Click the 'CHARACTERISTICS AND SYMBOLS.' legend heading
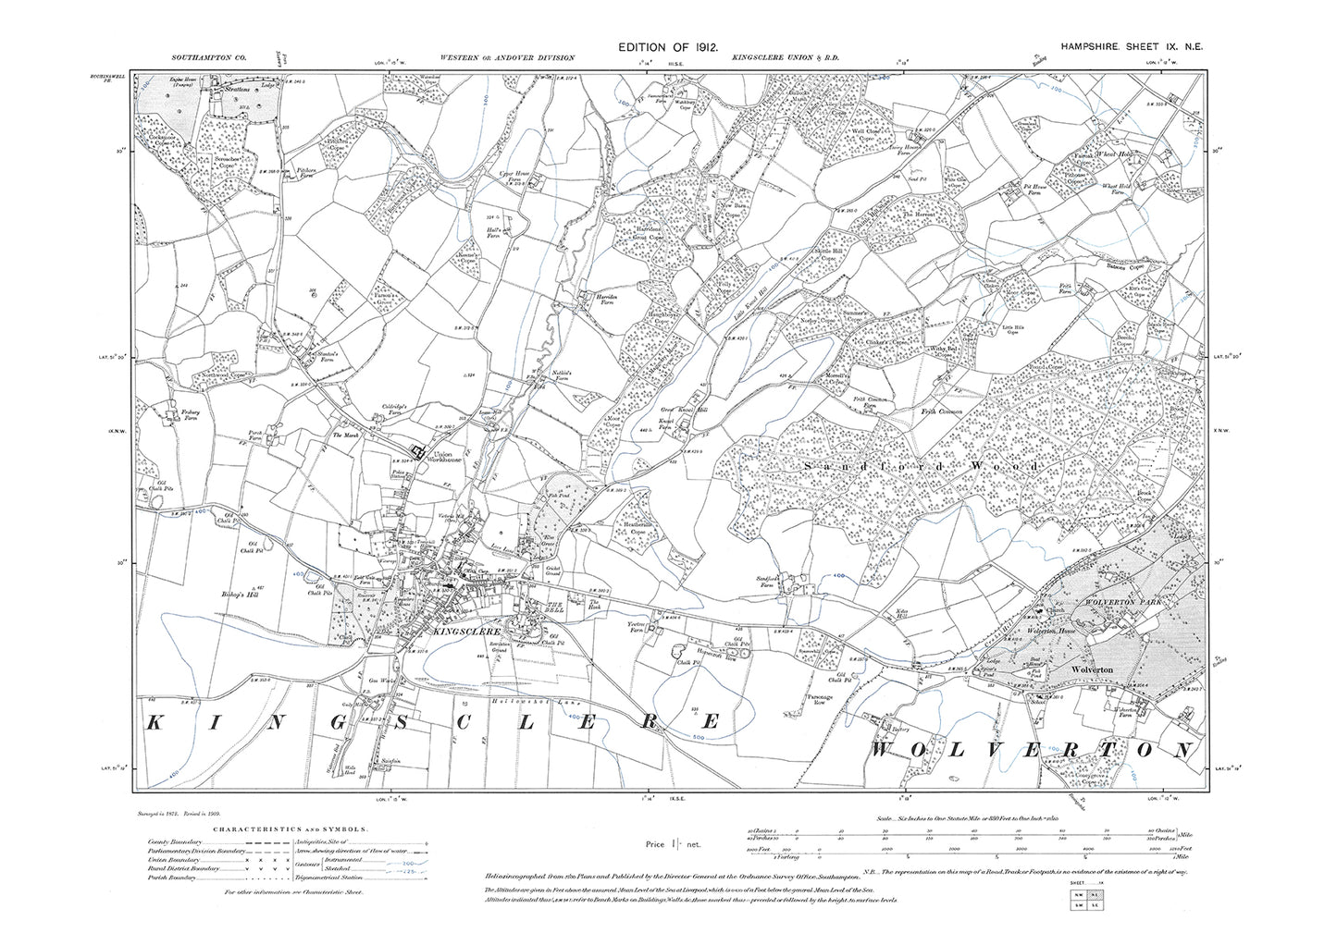(277, 831)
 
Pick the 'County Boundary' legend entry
(173, 842)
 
